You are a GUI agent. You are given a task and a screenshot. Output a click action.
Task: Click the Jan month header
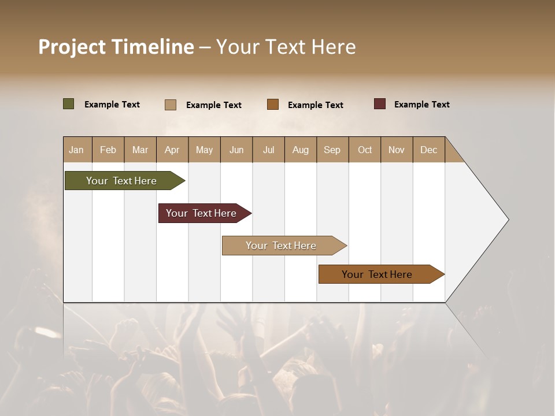tap(77, 150)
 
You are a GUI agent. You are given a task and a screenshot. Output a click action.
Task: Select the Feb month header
tap(108, 150)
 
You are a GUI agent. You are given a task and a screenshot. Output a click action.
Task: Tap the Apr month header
tap(172, 150)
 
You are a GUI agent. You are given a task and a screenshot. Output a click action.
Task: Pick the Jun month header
tap(236, 150)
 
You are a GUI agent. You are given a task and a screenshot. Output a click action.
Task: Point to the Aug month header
tap(301, 150)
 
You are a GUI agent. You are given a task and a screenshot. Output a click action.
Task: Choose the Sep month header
tap(332, 150)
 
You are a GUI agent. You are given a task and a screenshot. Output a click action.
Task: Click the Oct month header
tap(365, 150)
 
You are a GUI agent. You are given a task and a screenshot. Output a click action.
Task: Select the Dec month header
tap(429, 150)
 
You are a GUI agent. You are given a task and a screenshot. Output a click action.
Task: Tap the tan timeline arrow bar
tap(282, 246)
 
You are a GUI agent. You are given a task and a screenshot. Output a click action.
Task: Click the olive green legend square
tap(68, 104)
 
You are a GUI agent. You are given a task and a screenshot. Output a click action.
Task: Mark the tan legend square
tap(171, 105)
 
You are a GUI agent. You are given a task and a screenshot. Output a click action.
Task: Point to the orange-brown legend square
tap(273, 104)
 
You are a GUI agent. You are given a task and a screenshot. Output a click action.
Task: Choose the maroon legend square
tap(379, 104)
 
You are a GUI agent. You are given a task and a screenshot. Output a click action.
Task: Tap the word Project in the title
tap(72, 47)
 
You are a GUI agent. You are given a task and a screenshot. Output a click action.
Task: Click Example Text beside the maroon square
tap(421, 105)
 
